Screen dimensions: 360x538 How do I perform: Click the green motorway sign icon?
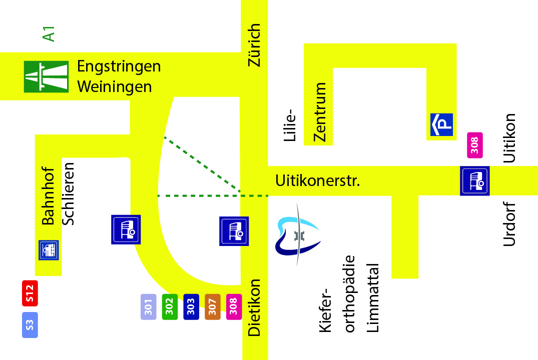pyautogui.click(x=46, y=76)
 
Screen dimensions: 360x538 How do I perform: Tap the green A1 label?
pyautogui.click(x=49, y=34)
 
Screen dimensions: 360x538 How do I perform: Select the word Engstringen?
pyautogui.click(x=119, y=66)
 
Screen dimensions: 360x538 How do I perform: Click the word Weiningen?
pyautogui.click(x=114, y=86)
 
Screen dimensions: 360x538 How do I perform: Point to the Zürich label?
pyautogui.click(x=255, y=45)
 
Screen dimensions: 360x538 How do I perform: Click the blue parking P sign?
pyautogui.click(x=441, y=124)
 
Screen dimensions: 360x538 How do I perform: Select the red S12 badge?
pyautogui.click(x=30, y=293)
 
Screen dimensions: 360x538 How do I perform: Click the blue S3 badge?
pyautogui.click(x=30, y=324)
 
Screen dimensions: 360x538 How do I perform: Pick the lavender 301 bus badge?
pyautogui.click(x=149, y=306)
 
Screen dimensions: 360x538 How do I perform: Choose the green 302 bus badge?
pyautogui.click(x=170, y=306)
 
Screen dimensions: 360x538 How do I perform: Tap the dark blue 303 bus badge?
pyautogui.click(x=191, y=306)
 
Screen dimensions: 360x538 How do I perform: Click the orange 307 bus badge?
pyautogui.click(x=212, y=306)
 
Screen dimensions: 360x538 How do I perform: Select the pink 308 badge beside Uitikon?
pyautogui.click(x=474, y=145)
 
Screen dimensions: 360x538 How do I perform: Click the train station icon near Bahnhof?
pyautogui.click(x=49, y=250)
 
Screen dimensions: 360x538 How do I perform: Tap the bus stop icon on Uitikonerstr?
pyautogui.click(x=475, y=181)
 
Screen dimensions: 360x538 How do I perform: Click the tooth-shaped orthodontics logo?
pyautogui.click(x=297, y=235)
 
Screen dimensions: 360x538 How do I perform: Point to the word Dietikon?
pyautogui.click(x=255, y=307)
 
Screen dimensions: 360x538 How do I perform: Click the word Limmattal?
pyautogui.click(x=373, y=298)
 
